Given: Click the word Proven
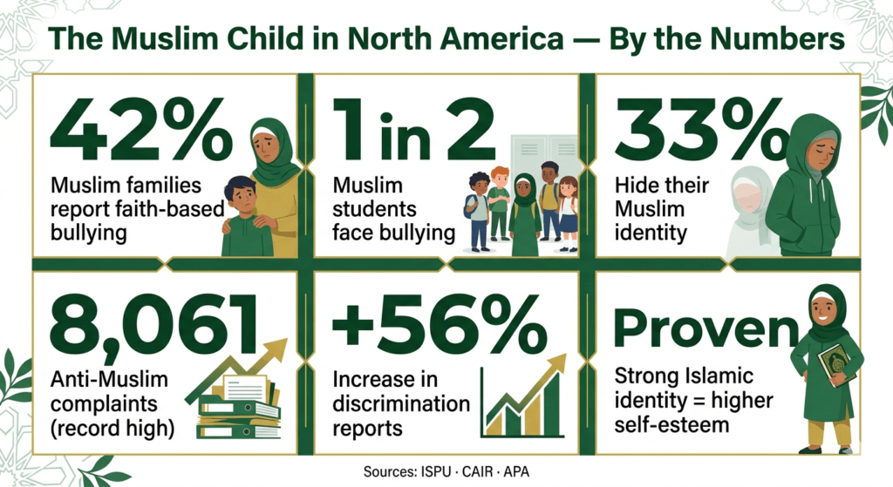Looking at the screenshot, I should tap(706, 328).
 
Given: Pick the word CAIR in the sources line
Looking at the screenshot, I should tap(465, 471).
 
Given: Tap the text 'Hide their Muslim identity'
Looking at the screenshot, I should tap(652, 209).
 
